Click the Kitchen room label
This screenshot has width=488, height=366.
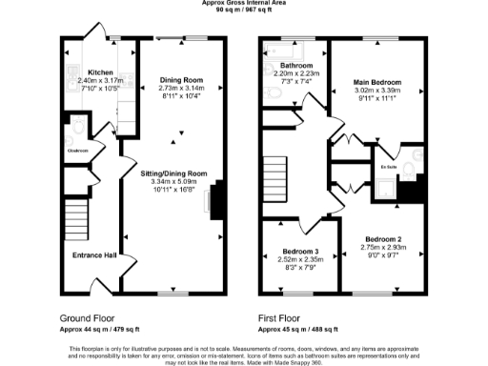tap(101, 72)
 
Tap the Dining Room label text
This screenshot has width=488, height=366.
tap(180, 78)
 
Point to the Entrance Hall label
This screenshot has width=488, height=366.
tap(94, 255)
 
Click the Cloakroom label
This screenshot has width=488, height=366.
tap(77, 151)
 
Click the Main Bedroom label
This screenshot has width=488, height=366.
tap(376, 82)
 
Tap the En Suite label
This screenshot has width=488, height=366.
tap(388, 167)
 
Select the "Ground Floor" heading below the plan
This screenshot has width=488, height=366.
tap(89, 316)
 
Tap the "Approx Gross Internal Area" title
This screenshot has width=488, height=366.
tap(243, 3)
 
